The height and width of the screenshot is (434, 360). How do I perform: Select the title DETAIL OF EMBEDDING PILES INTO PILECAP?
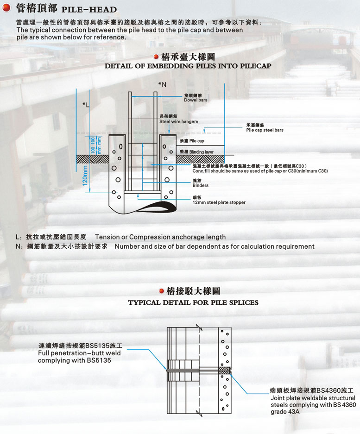(x=188, y=66)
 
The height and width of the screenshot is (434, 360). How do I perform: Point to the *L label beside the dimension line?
(x=86, y=105)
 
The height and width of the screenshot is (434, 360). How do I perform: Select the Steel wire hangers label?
(x=179, y=122)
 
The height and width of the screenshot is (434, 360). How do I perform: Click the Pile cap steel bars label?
(x=265, y=130)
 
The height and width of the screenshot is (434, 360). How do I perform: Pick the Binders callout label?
(x=200, y=185)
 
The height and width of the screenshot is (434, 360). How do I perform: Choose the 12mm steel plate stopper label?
(x=219, y=202)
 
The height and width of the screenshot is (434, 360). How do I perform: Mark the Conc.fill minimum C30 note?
(x=260, y=171)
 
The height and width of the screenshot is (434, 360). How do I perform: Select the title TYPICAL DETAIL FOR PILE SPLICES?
(x=193, y=302)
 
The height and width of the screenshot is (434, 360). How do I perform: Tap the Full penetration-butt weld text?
(x=79, y=353)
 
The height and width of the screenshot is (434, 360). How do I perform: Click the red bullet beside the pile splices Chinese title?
(x=161, y=291)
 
